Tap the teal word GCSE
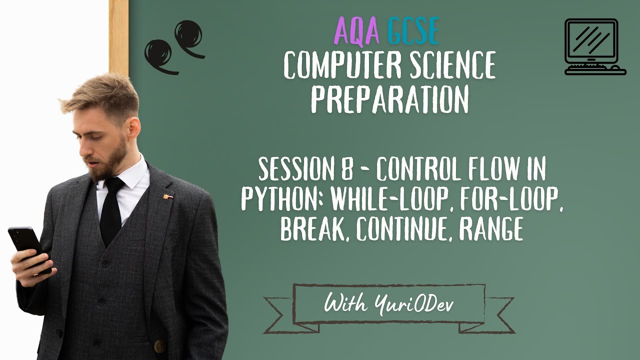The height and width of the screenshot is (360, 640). tap(413, 31)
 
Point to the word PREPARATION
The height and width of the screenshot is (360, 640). tap(389, 99)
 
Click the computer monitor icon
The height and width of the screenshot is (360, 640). tap(594, 46)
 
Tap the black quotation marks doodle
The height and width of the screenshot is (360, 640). tap(174, 46)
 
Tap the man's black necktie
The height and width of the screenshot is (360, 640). tap(112, 210)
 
